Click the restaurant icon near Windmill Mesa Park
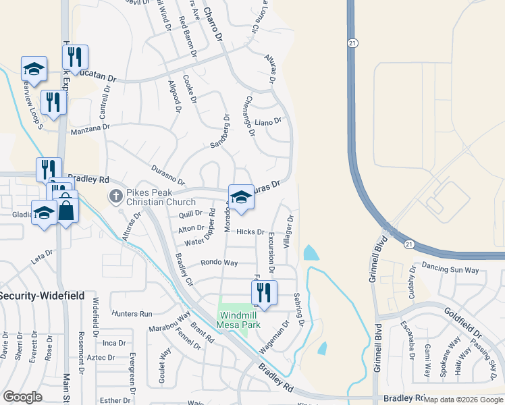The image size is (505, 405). [x=264, y=293]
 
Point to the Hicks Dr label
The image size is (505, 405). [x=250, y=232]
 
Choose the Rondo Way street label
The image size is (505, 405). [x=219, y=263]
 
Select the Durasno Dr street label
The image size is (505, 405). [x=168, y=175]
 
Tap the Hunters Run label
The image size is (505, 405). [x=133, y=314]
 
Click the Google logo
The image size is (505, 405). [x=23, y=397]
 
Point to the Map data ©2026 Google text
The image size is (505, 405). [x=463, y=399]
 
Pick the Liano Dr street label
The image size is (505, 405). [x=267, y=122]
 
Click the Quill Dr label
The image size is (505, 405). [x=190, y=214]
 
